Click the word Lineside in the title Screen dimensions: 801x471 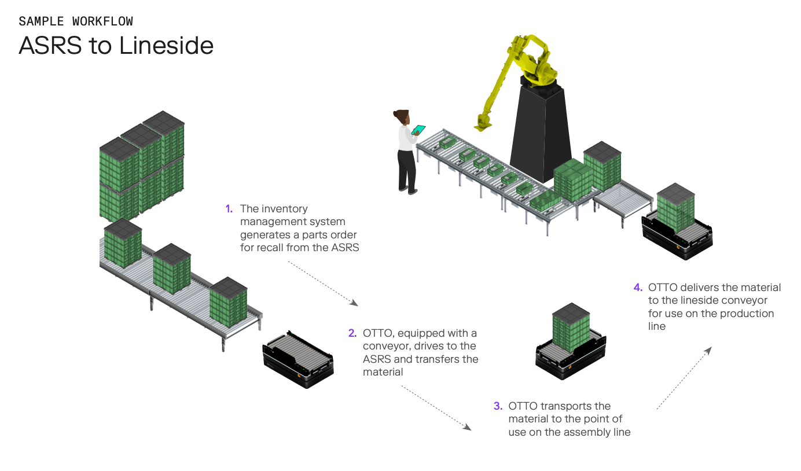click(166, 46)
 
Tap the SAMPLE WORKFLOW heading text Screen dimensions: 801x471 click(76, 21)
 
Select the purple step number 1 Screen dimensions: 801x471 click(229, 209)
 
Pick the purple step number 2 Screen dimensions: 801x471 click(352, 333)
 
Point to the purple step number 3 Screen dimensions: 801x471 click(498, 406)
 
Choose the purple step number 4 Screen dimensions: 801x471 click(638, 288)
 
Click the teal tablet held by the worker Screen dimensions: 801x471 click(418, 130)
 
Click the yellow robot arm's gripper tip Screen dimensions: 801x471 click(482, 126)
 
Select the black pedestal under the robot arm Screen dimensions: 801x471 click(541, 133)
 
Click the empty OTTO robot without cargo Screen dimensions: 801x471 click(298, 359)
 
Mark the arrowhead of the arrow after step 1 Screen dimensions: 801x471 click(354, 303)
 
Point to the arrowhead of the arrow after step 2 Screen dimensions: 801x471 click(468, 426)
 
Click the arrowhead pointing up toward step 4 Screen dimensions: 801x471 click(708, 351)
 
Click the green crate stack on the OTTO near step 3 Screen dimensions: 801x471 click(571, 328)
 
